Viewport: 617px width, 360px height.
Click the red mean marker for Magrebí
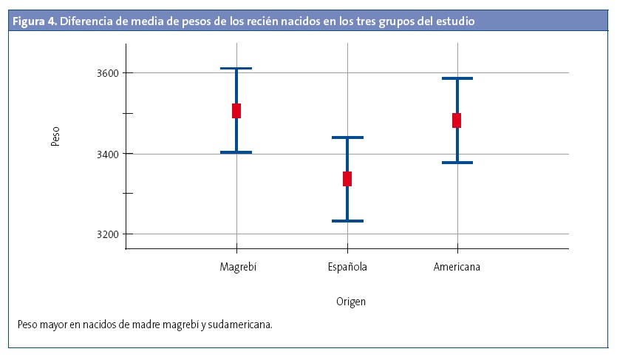coord(236,111)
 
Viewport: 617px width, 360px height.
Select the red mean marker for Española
coord(347,179)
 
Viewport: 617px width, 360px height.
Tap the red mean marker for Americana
coord(457,120)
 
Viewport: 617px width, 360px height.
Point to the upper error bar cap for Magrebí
coord(236,69)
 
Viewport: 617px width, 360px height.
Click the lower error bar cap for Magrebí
coord(236,152)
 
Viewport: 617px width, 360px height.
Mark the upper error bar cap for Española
coord(347,137)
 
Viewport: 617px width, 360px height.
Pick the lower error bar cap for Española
coord(347,221)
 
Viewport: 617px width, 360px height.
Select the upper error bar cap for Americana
coord(457,78)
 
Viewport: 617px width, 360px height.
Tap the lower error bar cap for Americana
coord(457,163)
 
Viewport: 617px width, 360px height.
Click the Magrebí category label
coord(238,267)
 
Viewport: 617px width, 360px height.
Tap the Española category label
coord(347,267)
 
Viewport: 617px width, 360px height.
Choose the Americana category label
coord(457,267)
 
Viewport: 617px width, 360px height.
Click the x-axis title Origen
coord(351,302)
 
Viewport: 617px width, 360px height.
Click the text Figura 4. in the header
coord(35,21)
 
